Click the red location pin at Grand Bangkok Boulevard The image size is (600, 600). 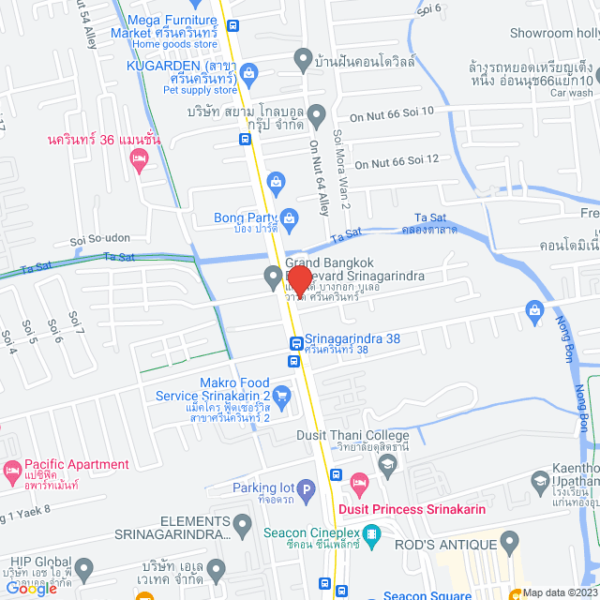coord(299,280)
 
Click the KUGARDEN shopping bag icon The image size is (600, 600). coord(248,70)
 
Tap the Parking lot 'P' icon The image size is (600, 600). coord(306,488)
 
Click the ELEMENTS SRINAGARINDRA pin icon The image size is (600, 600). coord(244,528)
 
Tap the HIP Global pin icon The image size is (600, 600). coord(84,569)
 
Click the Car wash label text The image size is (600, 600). coord(572,94)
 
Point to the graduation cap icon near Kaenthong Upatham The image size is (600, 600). coord(539,483)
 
